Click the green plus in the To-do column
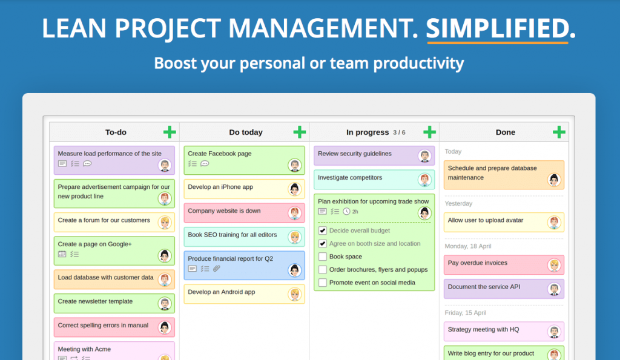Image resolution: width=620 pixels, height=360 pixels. coord(170,132)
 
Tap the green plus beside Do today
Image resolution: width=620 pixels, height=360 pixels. coord(300,132)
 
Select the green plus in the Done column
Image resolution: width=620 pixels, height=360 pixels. coord(559,132)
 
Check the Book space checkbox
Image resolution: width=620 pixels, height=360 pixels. coord(323,257)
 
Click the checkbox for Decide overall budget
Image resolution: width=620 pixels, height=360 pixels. coord(323,231)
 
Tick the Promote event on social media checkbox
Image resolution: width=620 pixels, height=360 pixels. coord(323,283)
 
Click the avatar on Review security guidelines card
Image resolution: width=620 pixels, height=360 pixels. coord(424,156)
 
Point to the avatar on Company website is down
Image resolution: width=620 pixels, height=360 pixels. coord(294,213)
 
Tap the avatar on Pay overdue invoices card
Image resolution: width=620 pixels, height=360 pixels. coord(554,265)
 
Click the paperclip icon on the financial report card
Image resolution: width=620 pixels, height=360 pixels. coord(217,269)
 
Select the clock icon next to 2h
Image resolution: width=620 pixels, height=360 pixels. coord(346,212)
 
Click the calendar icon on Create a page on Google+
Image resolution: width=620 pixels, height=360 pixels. coord(62,254)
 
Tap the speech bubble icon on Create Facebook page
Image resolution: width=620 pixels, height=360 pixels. coord(205,163)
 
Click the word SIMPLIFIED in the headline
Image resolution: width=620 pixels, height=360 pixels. coord(497,28)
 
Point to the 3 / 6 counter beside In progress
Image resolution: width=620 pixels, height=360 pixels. coord(399,133)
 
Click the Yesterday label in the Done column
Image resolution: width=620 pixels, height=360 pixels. coord(458,204)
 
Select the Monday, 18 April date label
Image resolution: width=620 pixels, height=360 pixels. coord(468,246)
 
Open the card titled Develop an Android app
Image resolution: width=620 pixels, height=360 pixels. coord(222,292)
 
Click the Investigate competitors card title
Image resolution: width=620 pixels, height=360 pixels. coord(350,178)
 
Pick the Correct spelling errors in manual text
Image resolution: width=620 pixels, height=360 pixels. coord(103,326)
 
